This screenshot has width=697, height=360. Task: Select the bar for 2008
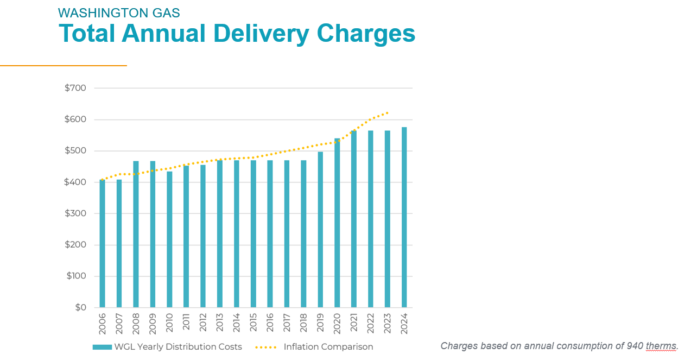point(136,234)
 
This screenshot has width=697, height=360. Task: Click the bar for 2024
point(404,217)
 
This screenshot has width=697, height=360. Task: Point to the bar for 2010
point(169,239)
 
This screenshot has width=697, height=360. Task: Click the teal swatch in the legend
point(102,347)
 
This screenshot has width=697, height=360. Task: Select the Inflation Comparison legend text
point(328,347)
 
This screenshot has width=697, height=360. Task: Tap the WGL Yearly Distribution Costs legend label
point(178,347)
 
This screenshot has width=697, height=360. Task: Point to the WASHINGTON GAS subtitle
point(119,12)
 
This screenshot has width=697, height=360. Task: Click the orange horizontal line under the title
point(63,66)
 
